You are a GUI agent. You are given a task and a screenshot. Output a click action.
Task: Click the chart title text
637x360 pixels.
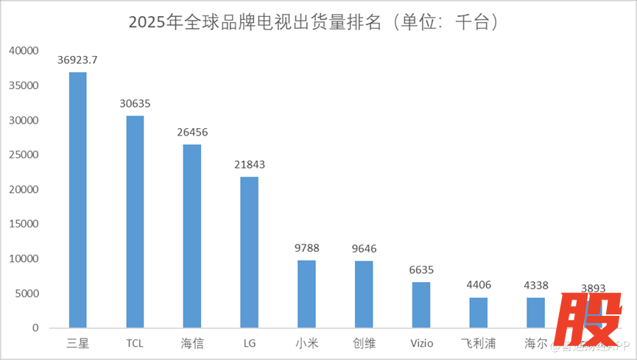point(318,22)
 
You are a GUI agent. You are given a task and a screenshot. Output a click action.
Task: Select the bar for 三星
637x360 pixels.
point(77,199)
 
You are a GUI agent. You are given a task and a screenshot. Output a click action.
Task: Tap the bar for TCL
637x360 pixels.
point(135,221)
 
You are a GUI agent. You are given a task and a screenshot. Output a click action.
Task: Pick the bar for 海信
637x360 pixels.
point(192,236)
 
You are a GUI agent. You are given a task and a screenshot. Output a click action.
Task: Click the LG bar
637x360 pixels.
point(250,252)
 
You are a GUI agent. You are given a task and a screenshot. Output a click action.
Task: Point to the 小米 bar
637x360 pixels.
point(306,294)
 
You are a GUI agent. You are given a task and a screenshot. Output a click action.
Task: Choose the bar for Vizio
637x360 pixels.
point(421,305)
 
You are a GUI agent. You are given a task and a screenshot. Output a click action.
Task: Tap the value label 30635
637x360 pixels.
point(135,104)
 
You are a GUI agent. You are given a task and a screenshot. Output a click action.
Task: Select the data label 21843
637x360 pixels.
point(250,165)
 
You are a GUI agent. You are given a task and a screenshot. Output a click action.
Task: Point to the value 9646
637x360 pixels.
point(364,249)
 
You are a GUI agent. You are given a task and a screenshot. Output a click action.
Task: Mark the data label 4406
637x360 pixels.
point(479,285)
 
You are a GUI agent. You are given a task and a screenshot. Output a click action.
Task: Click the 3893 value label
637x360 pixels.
point(593,288)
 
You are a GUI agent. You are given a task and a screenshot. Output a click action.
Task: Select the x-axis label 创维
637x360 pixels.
point(364,343)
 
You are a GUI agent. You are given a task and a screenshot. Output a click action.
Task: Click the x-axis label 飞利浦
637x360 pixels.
point(479,343)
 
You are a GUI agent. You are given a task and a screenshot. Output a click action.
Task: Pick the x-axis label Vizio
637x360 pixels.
point(421,343)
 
